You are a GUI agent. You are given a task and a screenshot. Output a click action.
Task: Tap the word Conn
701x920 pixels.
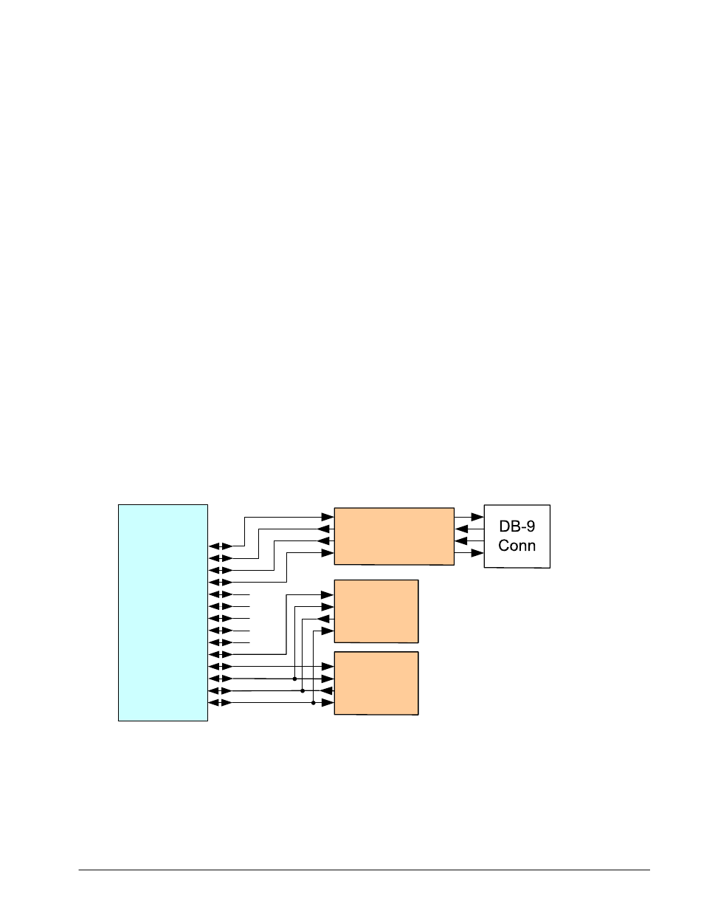[x=517, y=546]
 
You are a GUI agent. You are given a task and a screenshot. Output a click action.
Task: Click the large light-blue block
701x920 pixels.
[x=163, y=612]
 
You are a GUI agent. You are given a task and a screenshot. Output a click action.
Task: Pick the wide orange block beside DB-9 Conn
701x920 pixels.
[x=394, y=536]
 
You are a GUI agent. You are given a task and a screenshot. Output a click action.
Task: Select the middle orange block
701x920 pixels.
[x=376, y=611]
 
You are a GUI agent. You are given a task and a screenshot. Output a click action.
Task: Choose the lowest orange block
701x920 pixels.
[x=376, y=683]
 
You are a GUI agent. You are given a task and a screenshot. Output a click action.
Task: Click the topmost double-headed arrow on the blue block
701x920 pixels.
[x=221, y=546]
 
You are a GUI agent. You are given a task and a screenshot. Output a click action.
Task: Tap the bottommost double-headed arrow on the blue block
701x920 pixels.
[x=221, y=703]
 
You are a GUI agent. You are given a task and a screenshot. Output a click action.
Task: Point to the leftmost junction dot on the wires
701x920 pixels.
[x=294, y=679]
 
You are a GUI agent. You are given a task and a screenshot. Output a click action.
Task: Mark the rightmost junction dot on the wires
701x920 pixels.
[x=314, y=703]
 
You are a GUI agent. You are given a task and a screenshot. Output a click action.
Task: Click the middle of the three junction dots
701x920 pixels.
[x=303, y=691]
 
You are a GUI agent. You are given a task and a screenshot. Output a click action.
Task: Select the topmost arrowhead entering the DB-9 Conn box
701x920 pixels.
[x=477, y=517]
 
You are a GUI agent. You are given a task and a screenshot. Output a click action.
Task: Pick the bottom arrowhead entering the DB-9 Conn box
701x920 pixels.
[x=477, y=552]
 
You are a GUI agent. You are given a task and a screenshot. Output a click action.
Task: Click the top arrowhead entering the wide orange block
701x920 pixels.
[x=328, y=517]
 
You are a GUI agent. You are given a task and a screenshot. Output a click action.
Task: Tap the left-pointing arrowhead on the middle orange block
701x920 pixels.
[x=322, y=619]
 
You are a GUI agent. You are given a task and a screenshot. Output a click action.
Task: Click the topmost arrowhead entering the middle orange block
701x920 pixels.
[x=328, y=594]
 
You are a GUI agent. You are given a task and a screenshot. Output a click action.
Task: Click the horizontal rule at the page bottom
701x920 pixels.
[x=365, y=870]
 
